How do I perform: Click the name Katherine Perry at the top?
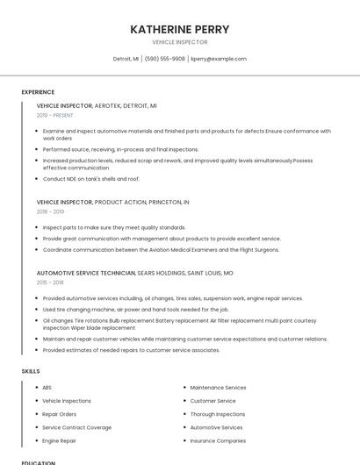coord(179,29)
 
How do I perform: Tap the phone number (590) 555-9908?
coord(165,59)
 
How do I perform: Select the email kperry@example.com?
coord(219,59)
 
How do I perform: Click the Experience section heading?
coord(38,92)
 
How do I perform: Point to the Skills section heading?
coord(31,371)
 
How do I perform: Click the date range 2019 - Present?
coord(54,115)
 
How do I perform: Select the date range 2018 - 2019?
coord(50,211)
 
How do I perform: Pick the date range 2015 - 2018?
coord(50,283)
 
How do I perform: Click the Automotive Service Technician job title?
coord(86,273)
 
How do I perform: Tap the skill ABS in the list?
coord(47,387)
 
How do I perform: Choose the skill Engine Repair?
coord(59,440)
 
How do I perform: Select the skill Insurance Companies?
coord(218,440)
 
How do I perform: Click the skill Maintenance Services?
coord(218,387)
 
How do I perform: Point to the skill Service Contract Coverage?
coord(76,427)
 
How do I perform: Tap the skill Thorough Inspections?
coord(217,414)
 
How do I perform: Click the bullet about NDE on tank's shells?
coord(91,179)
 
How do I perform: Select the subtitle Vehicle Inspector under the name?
coord(179,42)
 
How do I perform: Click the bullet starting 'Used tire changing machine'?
coord(135,309)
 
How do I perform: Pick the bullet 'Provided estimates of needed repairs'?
coord(131,350)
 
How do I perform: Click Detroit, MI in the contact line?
coord(126,59)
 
